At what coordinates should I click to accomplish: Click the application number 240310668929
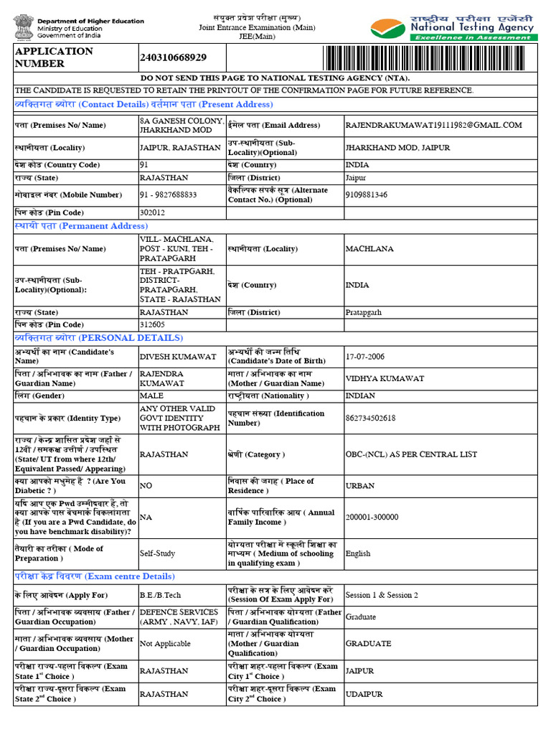pos(174,57)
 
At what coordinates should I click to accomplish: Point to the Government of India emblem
pos(22,29)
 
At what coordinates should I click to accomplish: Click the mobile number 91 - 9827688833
pos(167,195)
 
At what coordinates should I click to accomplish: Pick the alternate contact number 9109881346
pos(367,195)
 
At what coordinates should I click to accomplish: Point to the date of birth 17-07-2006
pos(365,357)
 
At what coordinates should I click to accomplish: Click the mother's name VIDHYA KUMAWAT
pos(385,378)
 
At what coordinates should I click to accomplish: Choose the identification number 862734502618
pos(370,418)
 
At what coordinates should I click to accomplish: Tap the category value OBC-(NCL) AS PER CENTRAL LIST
pos(412,454)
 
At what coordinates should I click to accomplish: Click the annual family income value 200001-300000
pos(372,518)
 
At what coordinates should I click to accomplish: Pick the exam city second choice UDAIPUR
pos(364,694)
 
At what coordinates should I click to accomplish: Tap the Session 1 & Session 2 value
pos(382,595)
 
